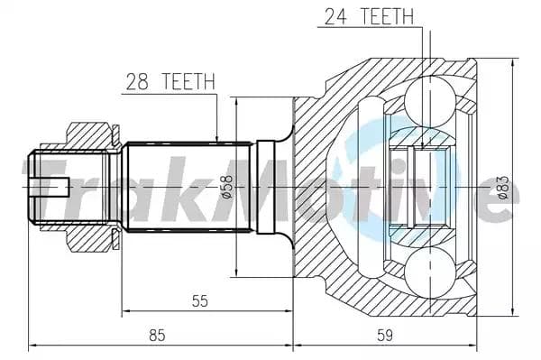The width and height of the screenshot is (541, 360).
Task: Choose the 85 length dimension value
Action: tap(157, 335)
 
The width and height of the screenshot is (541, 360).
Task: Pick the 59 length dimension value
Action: tap(385, 335)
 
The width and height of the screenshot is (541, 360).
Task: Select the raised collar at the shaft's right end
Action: tap(267, 186)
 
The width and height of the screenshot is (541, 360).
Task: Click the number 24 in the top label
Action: tap(332, 16)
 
